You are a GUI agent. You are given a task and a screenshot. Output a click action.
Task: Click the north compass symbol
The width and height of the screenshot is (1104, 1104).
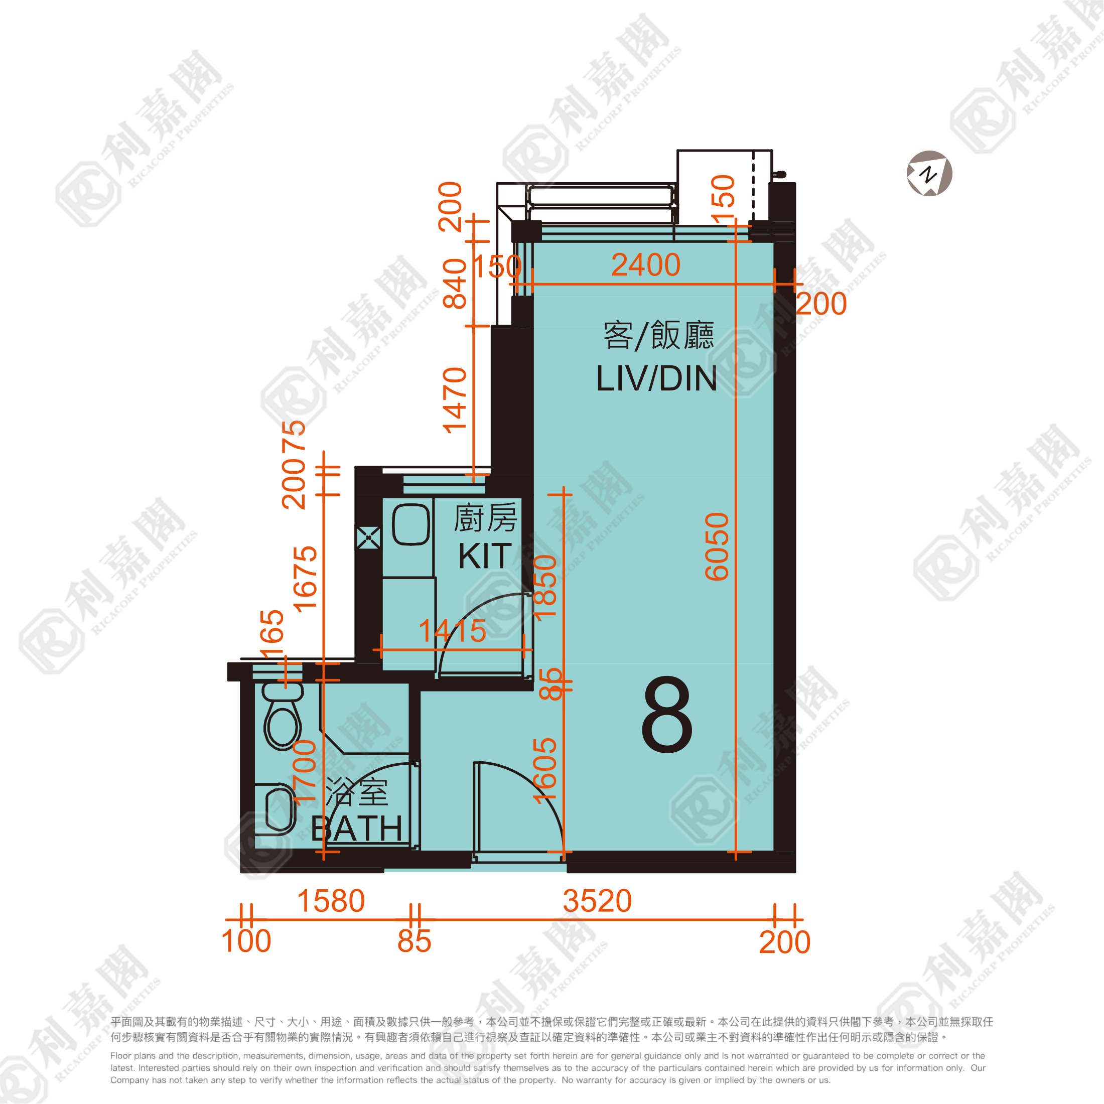pyautogui.click(x=929, y=174)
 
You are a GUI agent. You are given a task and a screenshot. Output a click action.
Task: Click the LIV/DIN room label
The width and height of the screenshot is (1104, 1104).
pyautogui.click(x=656, y=379)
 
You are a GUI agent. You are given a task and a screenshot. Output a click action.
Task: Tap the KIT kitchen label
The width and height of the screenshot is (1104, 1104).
pyautogui.click(x=485, y=556)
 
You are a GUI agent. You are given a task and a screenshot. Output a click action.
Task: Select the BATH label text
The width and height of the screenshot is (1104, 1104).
pyautogui.click(x=357, y=829)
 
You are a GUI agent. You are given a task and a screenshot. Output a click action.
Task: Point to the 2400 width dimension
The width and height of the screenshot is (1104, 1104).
pyautogui.click(x=646, y=265)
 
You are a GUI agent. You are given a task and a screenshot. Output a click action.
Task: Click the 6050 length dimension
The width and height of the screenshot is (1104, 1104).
pyautogui.click(x=717, y=547)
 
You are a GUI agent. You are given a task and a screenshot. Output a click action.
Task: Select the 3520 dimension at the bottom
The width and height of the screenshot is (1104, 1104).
pyautogui.click(x=597, y=901)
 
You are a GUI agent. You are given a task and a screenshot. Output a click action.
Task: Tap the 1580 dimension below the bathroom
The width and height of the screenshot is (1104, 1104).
pyautogui.click(x=331, y=901)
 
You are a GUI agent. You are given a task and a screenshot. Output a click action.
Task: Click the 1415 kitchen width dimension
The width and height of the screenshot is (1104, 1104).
pyautogui.click(x=452, y=631)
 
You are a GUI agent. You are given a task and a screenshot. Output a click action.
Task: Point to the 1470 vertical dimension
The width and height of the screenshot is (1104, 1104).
pyautogui.click(x=455, y=400)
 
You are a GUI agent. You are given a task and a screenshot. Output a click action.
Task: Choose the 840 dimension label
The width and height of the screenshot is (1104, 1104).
pyautogui.click(x=455, y=284)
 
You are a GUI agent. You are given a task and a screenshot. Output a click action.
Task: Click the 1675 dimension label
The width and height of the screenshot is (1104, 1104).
pyautogui.click(x=305, y=579)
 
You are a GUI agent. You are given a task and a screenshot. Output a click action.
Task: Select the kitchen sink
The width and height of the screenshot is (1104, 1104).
pyautogui.click(x=411, y=524)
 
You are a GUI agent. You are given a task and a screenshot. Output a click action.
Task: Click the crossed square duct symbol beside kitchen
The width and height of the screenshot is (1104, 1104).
pyautogui.click(x=368, y=538)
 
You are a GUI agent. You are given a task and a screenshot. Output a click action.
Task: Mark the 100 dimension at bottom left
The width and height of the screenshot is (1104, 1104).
pyautogui.click(x=246, y=941)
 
